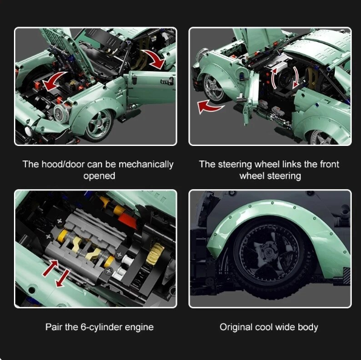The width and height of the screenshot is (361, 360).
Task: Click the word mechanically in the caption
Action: pos(146,164)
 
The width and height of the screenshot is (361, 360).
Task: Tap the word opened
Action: pos(99,176)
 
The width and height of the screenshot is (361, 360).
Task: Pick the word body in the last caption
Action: pos(308,327)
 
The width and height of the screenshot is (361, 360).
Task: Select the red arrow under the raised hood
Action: pos(53,81)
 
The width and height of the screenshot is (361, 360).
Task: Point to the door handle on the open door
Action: pos(167,81)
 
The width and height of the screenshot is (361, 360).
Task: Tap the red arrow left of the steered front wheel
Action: pos(210,106)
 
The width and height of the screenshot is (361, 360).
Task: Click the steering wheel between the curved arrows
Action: pos(285,78)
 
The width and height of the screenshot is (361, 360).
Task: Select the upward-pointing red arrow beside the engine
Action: pos(50,268)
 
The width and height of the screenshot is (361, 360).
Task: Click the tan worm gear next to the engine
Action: pos(155,254)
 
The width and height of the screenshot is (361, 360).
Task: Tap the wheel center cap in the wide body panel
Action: pos(268,252)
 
